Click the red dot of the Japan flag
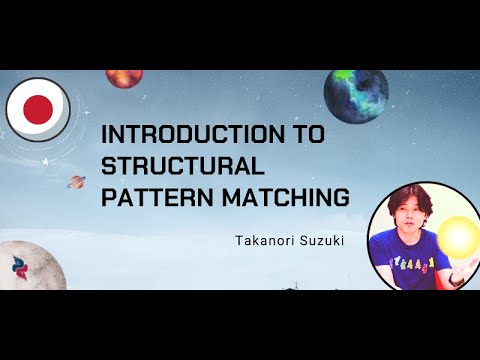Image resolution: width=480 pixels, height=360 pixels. [37, 109]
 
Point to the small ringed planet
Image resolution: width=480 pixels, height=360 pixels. [75, 182]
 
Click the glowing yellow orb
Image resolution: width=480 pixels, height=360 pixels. [460, 237]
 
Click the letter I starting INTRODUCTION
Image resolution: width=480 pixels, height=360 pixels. [106, 135]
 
